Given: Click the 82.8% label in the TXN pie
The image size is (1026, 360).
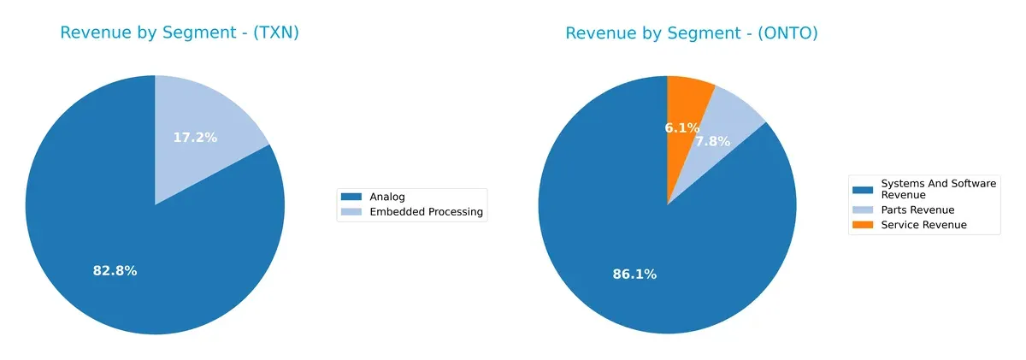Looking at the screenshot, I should click(115, 271).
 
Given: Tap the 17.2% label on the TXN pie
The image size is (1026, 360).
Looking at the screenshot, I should click(195, 137).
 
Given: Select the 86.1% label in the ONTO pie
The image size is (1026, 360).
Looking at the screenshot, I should click(634, 274).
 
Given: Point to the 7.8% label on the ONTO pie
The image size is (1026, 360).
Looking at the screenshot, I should click(712, 142).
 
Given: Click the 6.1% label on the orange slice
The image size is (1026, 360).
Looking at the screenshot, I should click(682, 128).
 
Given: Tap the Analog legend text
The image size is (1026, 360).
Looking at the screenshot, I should click(389, 198).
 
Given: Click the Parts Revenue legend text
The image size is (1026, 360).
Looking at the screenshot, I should click(917, 210).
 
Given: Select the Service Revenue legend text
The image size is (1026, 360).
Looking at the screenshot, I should click(923, 225).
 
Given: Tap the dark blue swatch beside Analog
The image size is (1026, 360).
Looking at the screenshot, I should click(351, 198).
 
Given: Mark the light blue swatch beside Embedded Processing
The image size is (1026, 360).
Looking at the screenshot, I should click(351, 212).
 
